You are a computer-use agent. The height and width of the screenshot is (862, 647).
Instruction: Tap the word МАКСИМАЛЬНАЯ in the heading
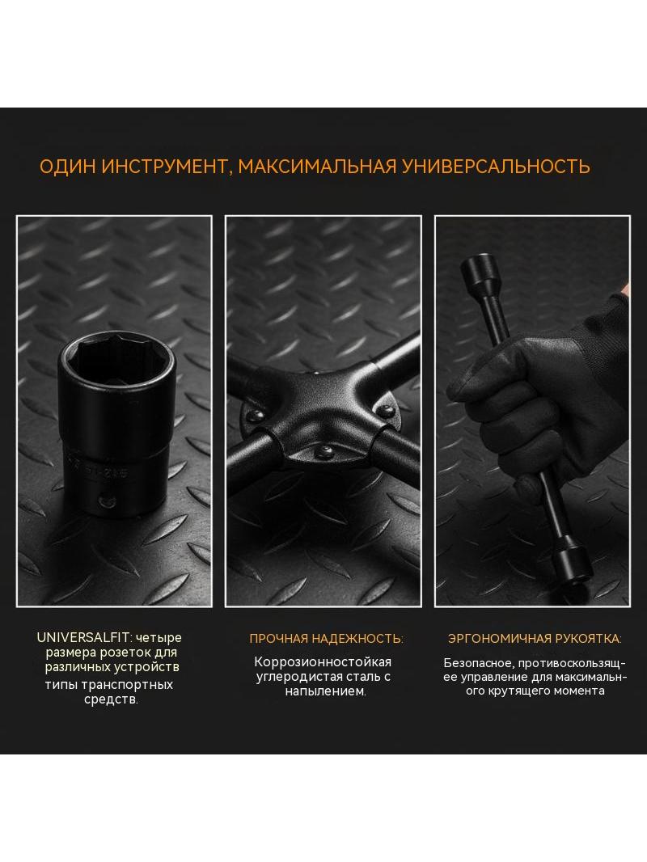coord(317,167)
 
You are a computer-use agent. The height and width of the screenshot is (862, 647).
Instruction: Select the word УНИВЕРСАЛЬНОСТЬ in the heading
coord(497,167)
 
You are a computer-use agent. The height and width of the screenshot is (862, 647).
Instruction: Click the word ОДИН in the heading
coord(68,167)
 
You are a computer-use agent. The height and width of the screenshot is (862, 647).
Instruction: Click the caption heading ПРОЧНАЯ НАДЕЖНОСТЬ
coord(326,639)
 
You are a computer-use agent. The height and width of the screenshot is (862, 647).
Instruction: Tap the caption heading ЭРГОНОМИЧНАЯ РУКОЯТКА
coord(535,639)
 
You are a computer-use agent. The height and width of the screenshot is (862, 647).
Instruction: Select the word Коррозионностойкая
coord(323,662)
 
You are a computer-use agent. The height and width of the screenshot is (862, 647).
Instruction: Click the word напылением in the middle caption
coord(325,691)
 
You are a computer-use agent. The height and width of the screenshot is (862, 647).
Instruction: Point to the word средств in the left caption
coord(110,699)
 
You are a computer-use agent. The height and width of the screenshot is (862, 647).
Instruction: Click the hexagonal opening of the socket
coord(116,361)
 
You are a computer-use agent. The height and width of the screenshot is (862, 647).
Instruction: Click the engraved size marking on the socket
coord(98,471)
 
